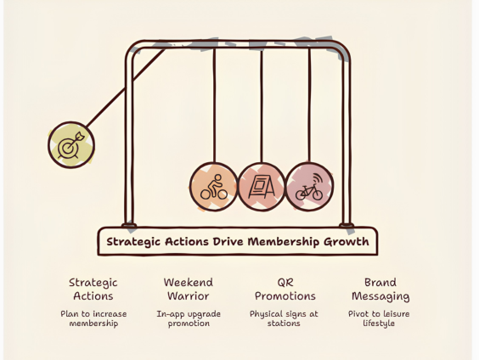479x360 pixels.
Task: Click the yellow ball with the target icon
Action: (x=71, y=144)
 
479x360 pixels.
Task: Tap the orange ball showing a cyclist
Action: (x=214, y=187)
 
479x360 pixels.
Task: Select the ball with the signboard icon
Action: (x=262, y=187)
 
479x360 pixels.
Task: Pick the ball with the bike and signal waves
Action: (x=309, y=187)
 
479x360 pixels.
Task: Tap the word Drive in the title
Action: (x=228, y=241)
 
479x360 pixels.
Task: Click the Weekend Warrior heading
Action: (x=189, y=290)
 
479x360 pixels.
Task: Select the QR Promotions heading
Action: (x=285, y=290)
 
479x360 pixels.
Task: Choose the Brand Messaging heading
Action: (x=380, y=290)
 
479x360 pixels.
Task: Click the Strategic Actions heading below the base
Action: (x=93, y=290)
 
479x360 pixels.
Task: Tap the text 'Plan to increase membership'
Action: (x=93, y=318)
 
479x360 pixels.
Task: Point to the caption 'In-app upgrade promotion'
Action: (x=189, y=318)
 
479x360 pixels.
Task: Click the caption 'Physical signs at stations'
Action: (x=284, y=318)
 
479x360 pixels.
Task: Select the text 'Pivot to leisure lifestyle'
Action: (x=379, y=318)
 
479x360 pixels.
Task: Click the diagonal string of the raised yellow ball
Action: (x=125, y=88)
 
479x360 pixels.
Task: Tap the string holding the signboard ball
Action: (x=262, y=106)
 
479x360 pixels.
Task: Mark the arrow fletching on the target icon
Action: (x=80, y=136)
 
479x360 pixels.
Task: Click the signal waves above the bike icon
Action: (x=318, y=178)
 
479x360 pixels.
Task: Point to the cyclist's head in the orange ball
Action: (x=217, y=177)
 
